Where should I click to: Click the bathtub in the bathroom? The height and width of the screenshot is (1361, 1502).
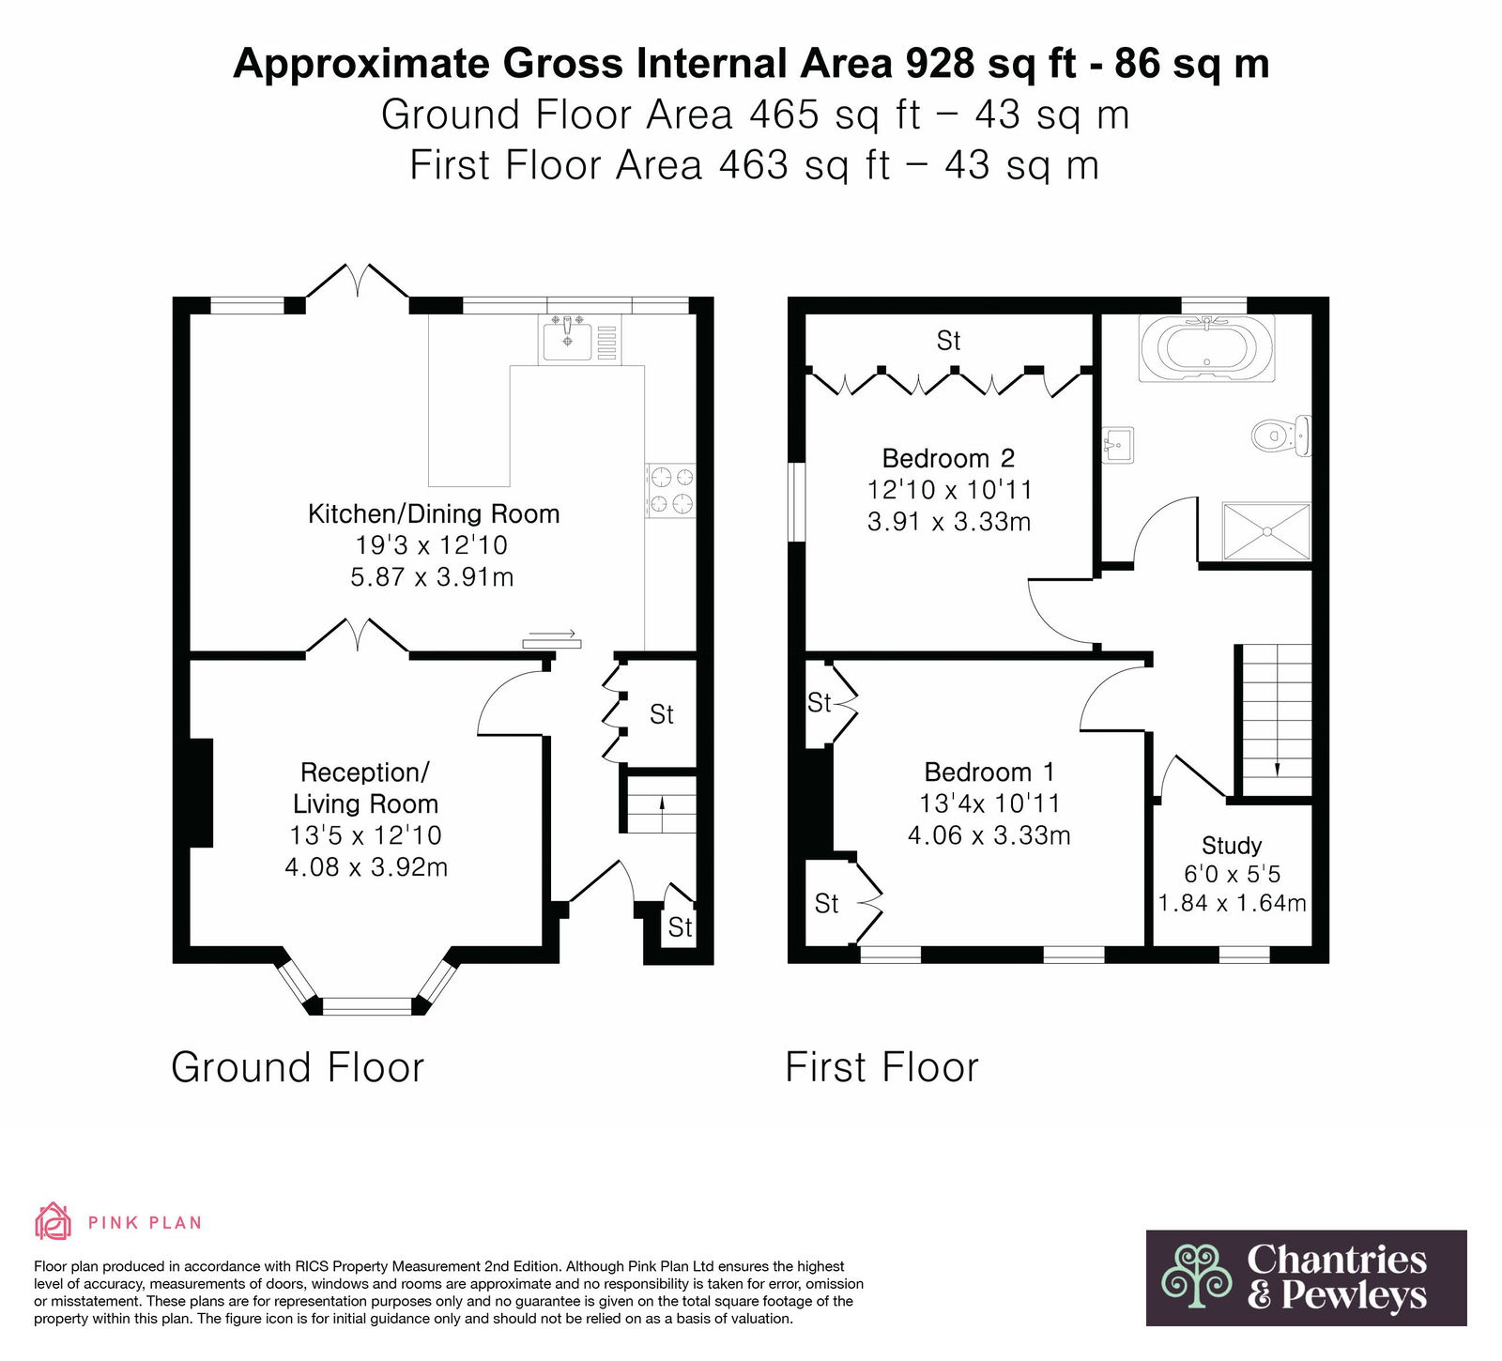(x=1207, y=348)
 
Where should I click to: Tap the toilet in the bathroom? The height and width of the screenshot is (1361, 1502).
(x=1281, y=436)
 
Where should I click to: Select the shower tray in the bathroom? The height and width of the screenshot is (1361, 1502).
(x=1265, y=531)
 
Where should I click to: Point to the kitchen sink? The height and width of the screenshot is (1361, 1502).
(x=567, y=339)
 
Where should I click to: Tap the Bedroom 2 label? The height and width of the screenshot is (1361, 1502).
(x=948, y=458)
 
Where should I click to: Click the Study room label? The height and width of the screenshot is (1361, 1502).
(x=1232, y=846)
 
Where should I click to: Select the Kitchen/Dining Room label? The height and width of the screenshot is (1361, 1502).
(x=434, y=514)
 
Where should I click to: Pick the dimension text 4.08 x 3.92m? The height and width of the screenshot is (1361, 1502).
(x=366, y=866)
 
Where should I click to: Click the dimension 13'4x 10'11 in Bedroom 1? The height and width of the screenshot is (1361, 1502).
(x=989, y=803)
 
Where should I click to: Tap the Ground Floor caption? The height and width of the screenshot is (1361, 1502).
(x=298, y=1067)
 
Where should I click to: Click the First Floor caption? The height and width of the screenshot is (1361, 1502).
(x=881, y=1067)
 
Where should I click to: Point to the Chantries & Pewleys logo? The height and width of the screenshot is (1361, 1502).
(x=1306, y=1277)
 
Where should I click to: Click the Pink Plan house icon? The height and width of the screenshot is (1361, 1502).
(x=53, y=1222)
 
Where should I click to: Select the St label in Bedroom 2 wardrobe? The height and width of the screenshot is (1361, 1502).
(x=948, y=341)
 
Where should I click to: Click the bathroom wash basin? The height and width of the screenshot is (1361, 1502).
(x=1118, y=444)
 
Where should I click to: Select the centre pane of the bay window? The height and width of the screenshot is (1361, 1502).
(x=366, y=1006)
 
